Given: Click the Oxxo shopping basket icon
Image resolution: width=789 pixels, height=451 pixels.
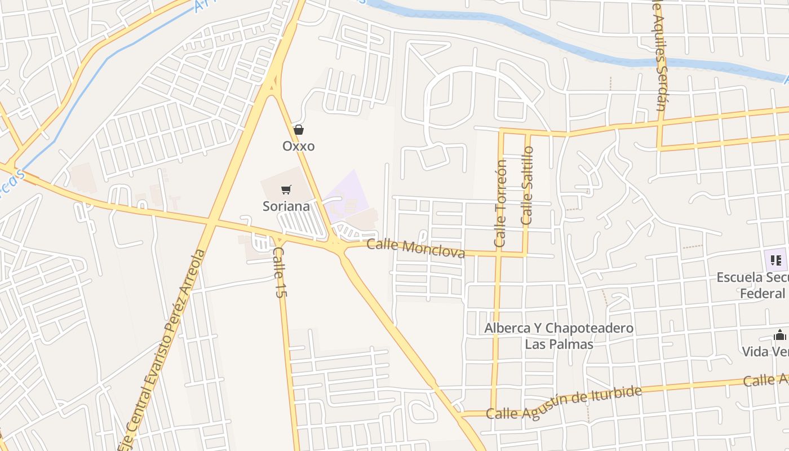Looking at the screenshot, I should click(x=299, y=130).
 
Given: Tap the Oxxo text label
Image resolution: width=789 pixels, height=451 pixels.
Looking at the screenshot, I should click(x=299, y=146).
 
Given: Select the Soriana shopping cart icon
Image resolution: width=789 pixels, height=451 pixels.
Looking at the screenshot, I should click(x=286, y=190).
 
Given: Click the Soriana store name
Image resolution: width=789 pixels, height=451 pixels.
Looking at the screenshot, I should click(x=286, y=206).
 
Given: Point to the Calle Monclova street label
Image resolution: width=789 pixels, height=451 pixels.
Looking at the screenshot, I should click(x=416, y=248).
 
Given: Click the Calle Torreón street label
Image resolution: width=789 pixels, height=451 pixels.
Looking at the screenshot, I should click(x=500, y=203).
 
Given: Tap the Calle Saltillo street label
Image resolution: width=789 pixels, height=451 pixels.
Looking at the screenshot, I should click(x=527, y=186).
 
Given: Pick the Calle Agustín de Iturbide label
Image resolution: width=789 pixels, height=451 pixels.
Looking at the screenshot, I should click(x=564, y=404).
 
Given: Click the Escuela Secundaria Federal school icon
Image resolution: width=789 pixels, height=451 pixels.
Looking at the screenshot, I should click(x=776, y=260).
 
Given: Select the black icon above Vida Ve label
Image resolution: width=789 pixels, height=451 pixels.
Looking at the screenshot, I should click(x=779, y=335).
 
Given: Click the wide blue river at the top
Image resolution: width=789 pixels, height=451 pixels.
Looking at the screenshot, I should click(x=564, y=42).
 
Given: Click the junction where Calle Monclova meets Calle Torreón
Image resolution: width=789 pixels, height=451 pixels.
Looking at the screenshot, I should click(x=498, y=255).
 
